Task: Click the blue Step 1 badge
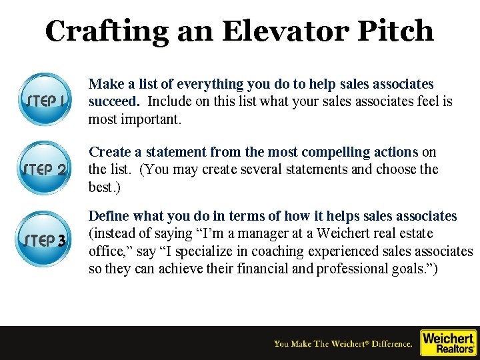[45, 100]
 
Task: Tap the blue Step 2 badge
[45, 168]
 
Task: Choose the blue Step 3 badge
[45, 239]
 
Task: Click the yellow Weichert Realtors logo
[448, 343]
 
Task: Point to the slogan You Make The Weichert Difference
[343, 344]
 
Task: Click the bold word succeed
[113, 101]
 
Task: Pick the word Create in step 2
[109, 152]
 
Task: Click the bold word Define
[109, 216]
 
